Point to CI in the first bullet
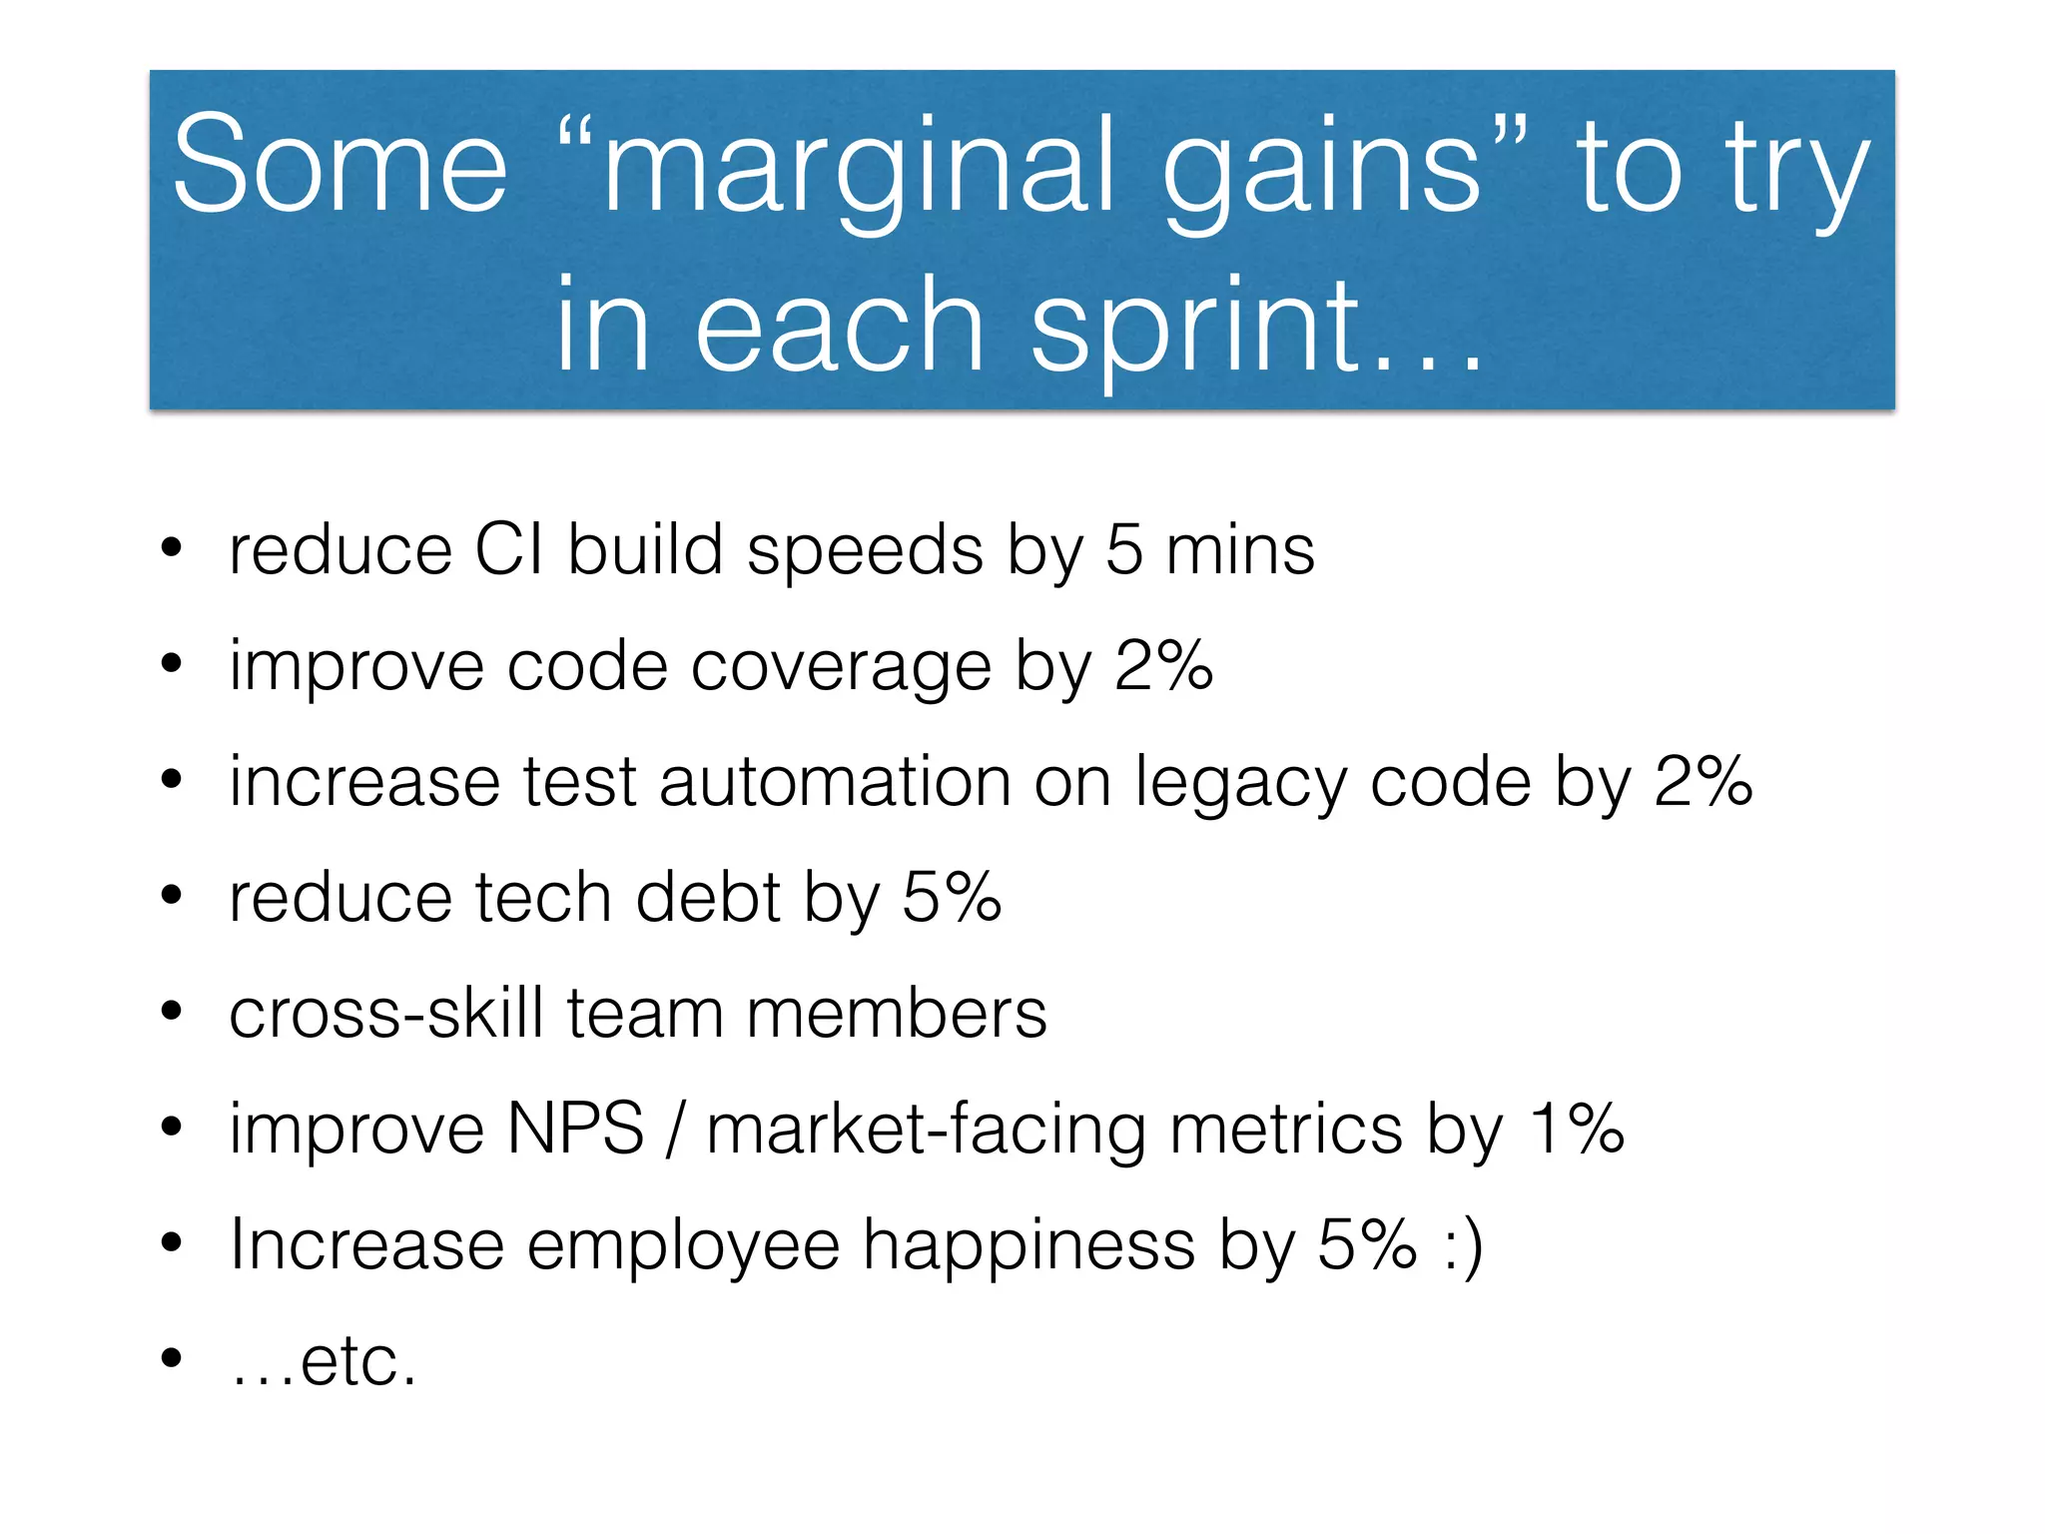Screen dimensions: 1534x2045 click(x=509, y=550)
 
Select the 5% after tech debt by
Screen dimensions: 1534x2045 click(x=952, y=896)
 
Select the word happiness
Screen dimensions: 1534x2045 click(x=1028, y=1246)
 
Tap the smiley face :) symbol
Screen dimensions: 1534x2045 click(x=1464, y=1246)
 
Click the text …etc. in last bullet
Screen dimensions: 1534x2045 click(x=323, y=1360)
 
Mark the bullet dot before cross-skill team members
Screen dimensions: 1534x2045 click(x=172, y=1012)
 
